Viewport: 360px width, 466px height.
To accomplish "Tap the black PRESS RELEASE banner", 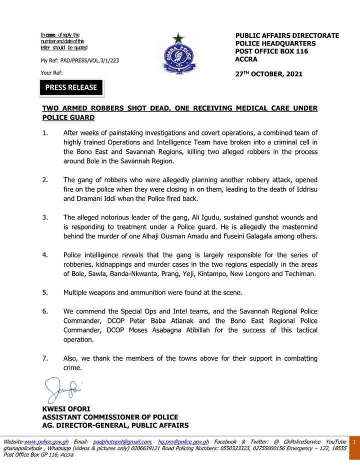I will point(71,87).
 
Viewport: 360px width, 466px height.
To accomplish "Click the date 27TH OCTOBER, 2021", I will point(268,74).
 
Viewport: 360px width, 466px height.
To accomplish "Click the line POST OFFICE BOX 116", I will point(271,51).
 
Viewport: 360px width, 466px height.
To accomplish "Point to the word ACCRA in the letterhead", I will point(246,59).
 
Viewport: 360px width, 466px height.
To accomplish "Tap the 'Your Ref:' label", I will point(52,73).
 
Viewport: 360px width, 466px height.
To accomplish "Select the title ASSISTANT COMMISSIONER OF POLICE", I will point(110,417).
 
